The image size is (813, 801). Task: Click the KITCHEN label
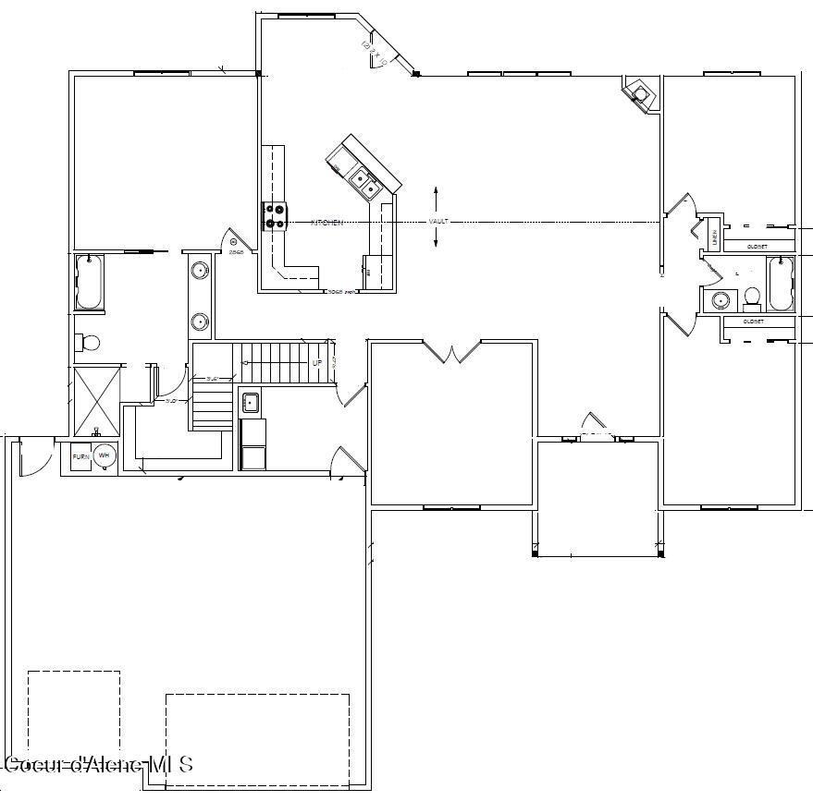coord(326,223)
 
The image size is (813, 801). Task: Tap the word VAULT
coord(437,222)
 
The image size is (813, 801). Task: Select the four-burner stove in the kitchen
coord(276,216)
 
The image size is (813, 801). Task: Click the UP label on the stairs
coord(317,363)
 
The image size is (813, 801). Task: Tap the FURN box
coord(80,455)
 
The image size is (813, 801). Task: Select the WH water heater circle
coord(105,455)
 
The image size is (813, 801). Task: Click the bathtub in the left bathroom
coord(89,282)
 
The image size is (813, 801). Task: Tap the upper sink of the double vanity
coord(200,271)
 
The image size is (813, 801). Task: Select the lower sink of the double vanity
coord(200,322)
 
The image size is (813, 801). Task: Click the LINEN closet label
coord(713,234)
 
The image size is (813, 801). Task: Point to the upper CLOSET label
coord(756,247)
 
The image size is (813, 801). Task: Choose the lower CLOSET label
coord(753,322)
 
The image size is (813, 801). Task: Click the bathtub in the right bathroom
coord(781,284)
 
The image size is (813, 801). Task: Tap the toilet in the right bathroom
coord(752,297)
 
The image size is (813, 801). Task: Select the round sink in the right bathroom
coord(720,299)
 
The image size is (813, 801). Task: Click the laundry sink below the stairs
coord(251,402)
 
